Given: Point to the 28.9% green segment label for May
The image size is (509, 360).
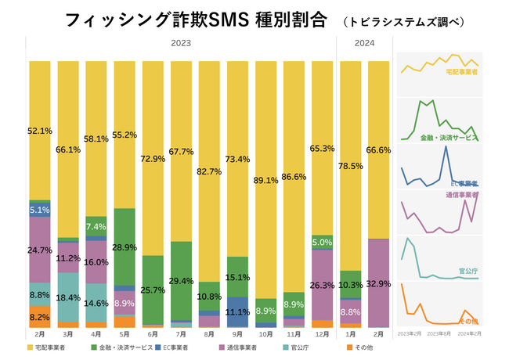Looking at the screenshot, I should (x=125, y=247).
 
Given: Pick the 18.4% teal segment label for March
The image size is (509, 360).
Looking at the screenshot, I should (x=68, y=298).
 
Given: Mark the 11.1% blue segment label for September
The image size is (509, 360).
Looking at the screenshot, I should (x=238, y=311).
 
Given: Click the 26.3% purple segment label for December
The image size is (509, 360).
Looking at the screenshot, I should (x=323, y=285).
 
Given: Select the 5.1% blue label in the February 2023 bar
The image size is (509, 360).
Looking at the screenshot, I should (x=40, y=210).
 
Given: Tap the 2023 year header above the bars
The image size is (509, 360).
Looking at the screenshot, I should (x=182, y=44).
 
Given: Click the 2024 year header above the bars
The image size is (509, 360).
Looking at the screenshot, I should (x=365, y=44).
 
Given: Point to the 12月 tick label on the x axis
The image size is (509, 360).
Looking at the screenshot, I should (x=323, y=335).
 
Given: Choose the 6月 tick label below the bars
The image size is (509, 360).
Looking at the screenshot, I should (x=153, y=335).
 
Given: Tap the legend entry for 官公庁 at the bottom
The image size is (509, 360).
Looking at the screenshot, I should (x=301, y=347).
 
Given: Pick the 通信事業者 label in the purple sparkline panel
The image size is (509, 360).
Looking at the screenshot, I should (x=461, y=194).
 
